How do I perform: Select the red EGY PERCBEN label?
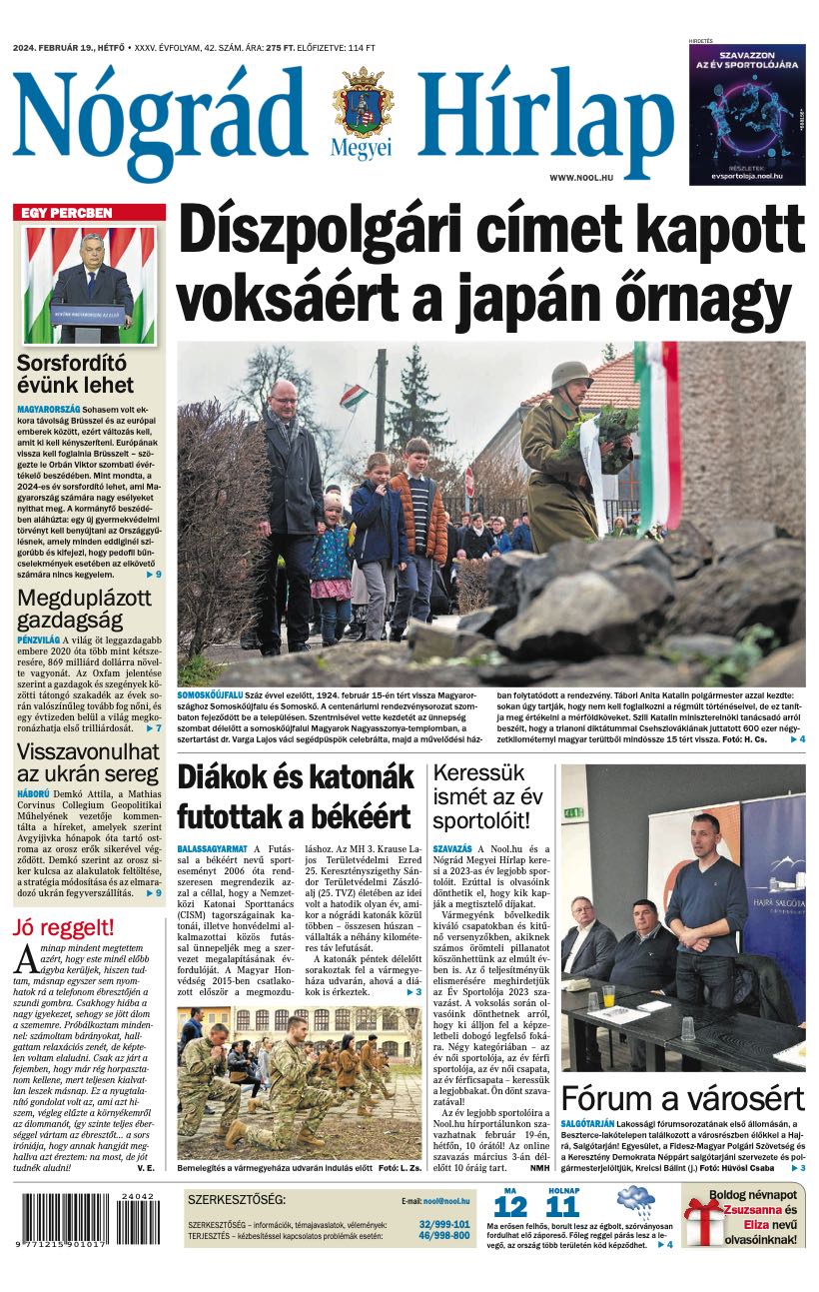[x=62, y=213]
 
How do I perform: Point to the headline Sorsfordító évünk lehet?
[x=75, y=374]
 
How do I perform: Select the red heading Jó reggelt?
[x=63, y=926]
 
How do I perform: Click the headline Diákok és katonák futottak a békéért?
[x=295, y=797]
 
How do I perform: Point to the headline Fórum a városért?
[x=682, y=1098]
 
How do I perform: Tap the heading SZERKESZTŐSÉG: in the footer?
[x=236, y=1199]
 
